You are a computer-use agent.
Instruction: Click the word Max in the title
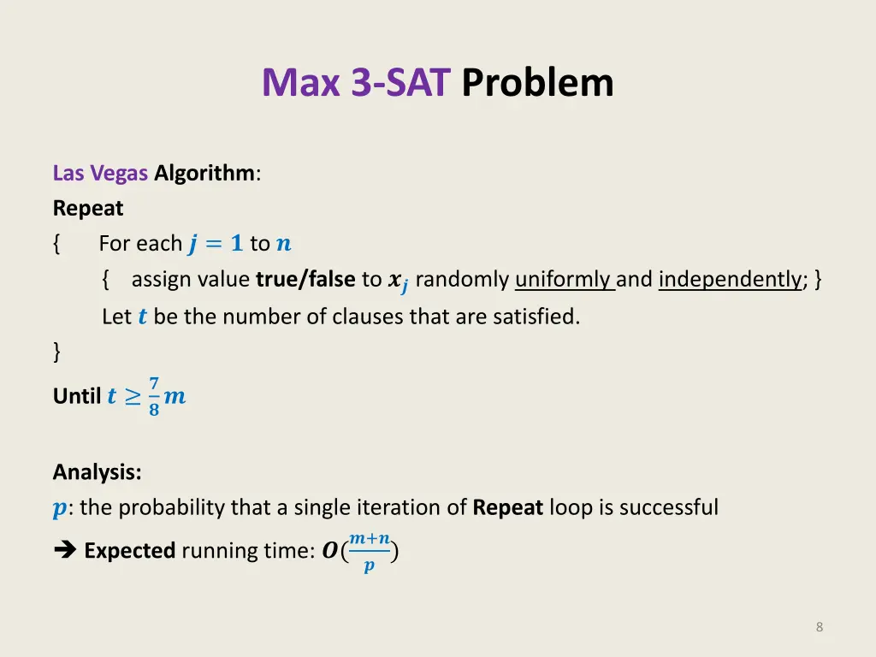302,83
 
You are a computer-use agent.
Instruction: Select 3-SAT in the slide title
400,83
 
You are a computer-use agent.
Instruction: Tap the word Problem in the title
537,83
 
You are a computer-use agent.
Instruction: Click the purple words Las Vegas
100,173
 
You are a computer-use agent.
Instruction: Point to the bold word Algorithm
204,173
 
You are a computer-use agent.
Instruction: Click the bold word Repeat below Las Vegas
88,208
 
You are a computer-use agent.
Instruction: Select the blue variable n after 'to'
283,244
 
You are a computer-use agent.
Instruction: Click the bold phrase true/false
305,280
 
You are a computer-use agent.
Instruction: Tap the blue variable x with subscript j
397,281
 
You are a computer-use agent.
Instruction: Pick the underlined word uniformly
565,280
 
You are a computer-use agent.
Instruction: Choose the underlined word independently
730,280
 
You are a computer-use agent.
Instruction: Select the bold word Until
77,396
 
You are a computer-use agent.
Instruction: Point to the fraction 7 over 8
154,396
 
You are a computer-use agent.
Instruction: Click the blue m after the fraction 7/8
175,397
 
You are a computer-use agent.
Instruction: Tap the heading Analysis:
97,471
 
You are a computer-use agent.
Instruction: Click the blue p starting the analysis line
58,509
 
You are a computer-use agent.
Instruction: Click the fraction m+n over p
370,552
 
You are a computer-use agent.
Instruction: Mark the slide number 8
820,627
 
